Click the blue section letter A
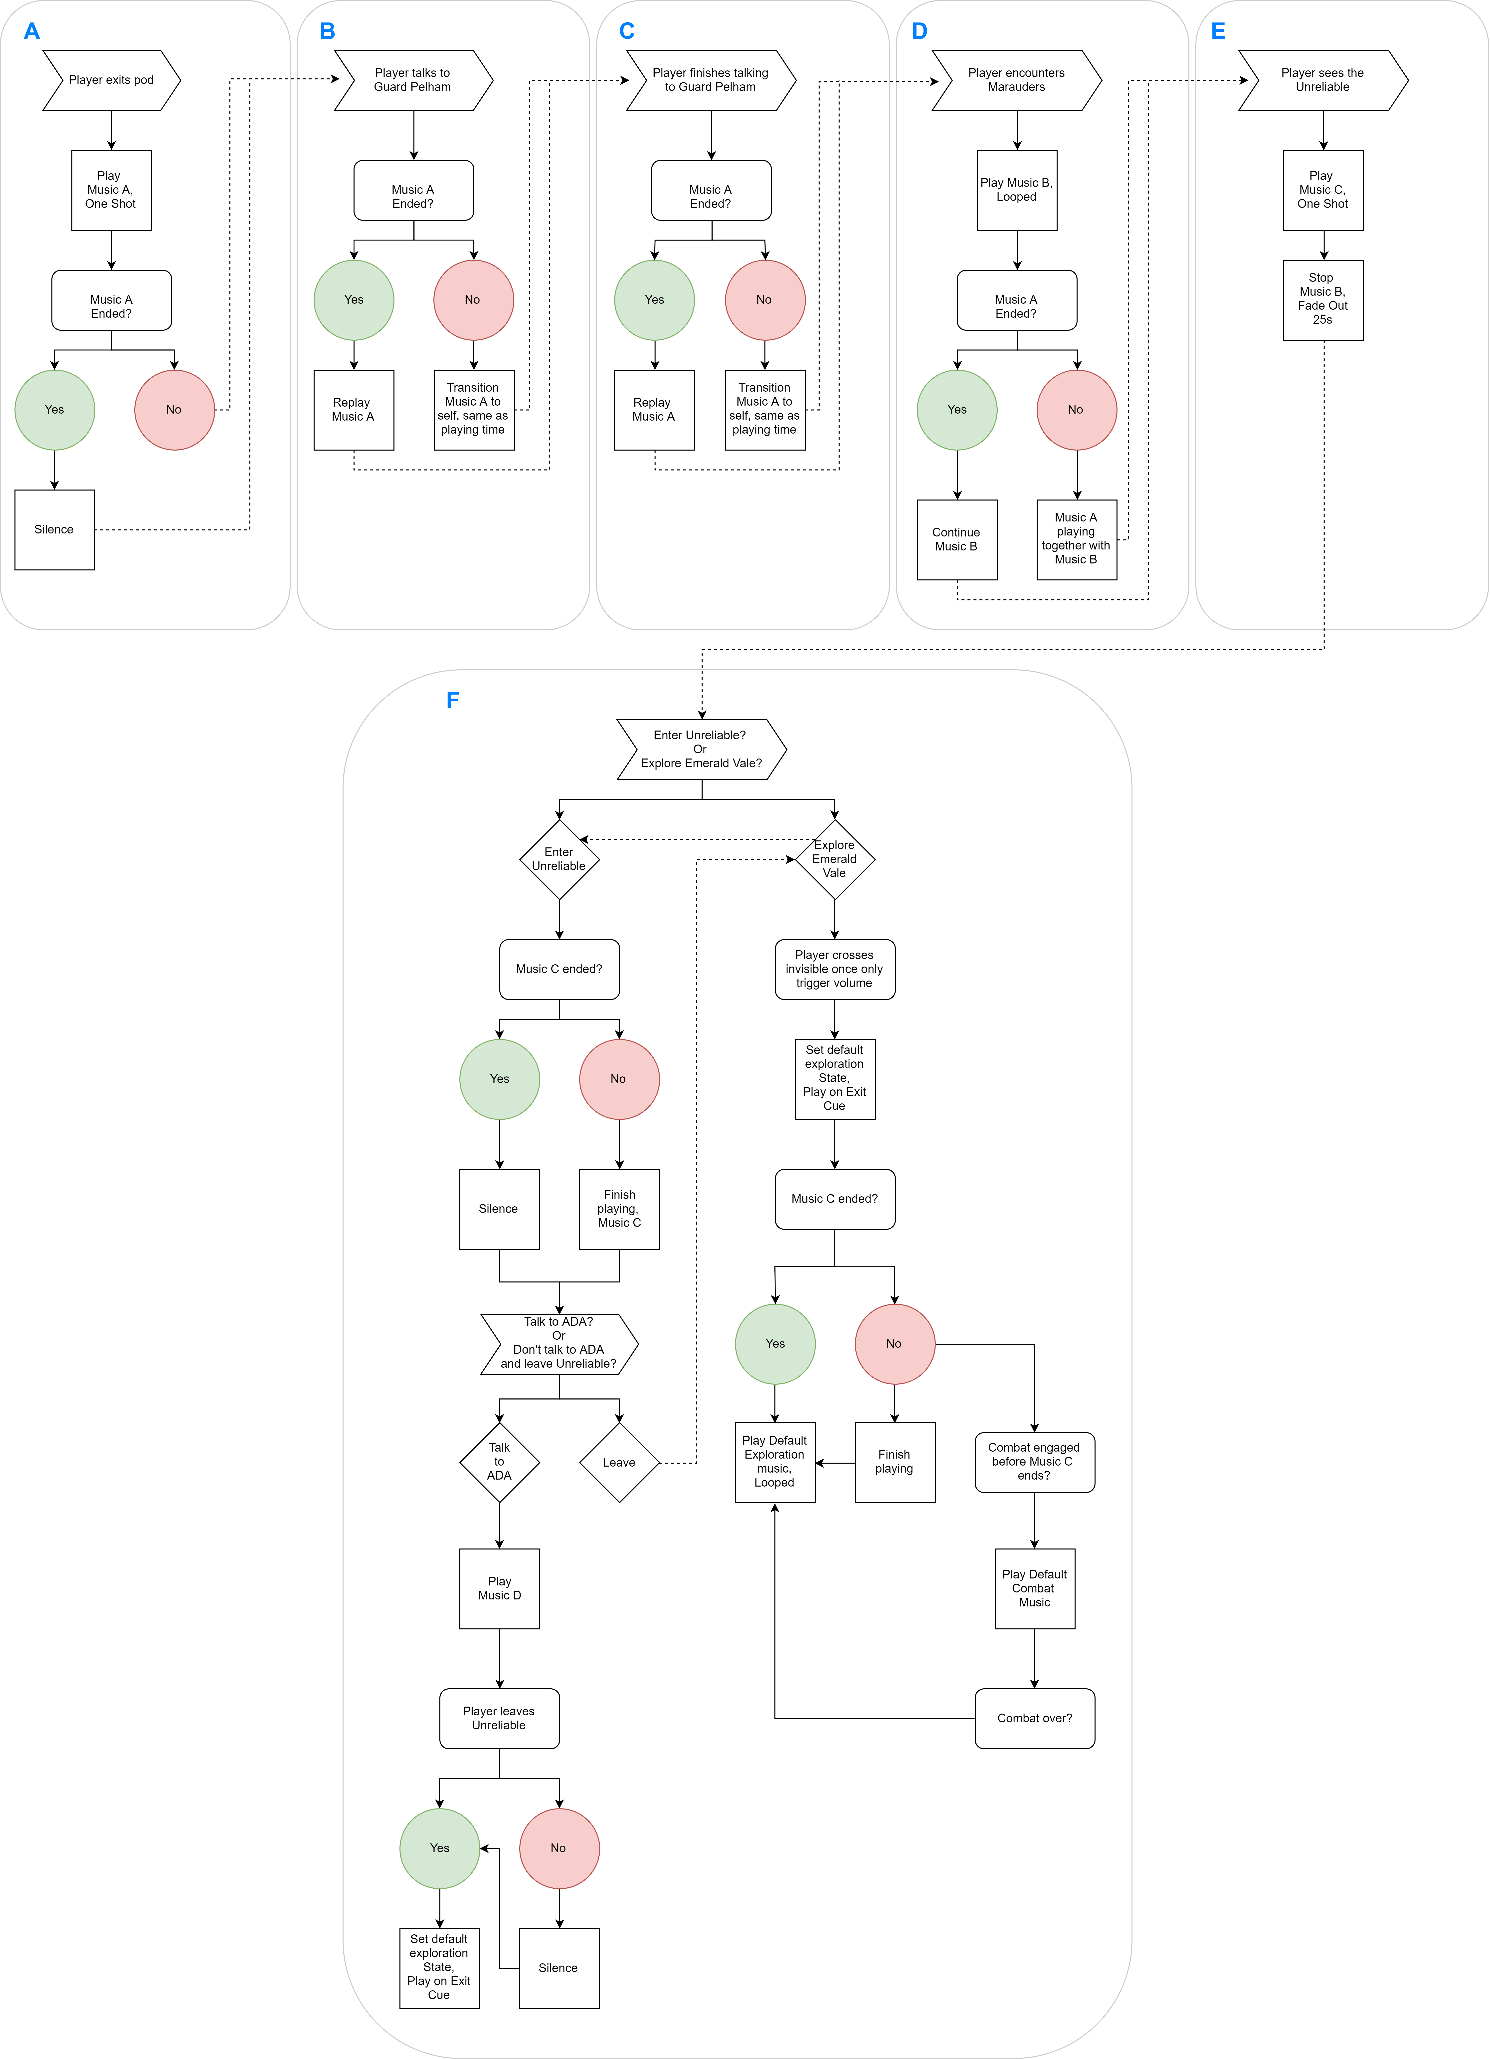click(x=32, y=32)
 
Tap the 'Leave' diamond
click(x=620, y=1463)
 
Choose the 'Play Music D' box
click(x=500, y=1589)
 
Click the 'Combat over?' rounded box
click(x=1035, y=1719)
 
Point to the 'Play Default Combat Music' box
click(x=1035, y=1589)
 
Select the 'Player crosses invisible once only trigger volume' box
click(x=835, y=970)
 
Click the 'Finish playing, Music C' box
click(x=620, y=1209)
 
